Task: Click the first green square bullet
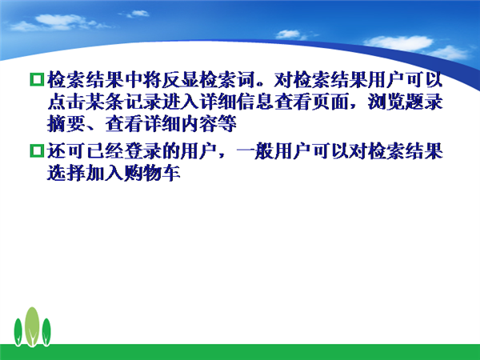click(37, 79)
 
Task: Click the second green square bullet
click(37, 151)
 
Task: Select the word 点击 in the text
click(66, 102)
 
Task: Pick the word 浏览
click(386, 102)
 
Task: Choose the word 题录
click(424, 102)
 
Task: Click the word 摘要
click(66, 124)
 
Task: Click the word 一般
click(255, 151)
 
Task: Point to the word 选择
click(66, 174)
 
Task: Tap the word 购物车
click(151, 174)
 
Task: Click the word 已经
click(104, 151)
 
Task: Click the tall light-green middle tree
click(32, 326)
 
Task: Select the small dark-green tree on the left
click(18, 332)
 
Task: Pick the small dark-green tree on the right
click(46, 332)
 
